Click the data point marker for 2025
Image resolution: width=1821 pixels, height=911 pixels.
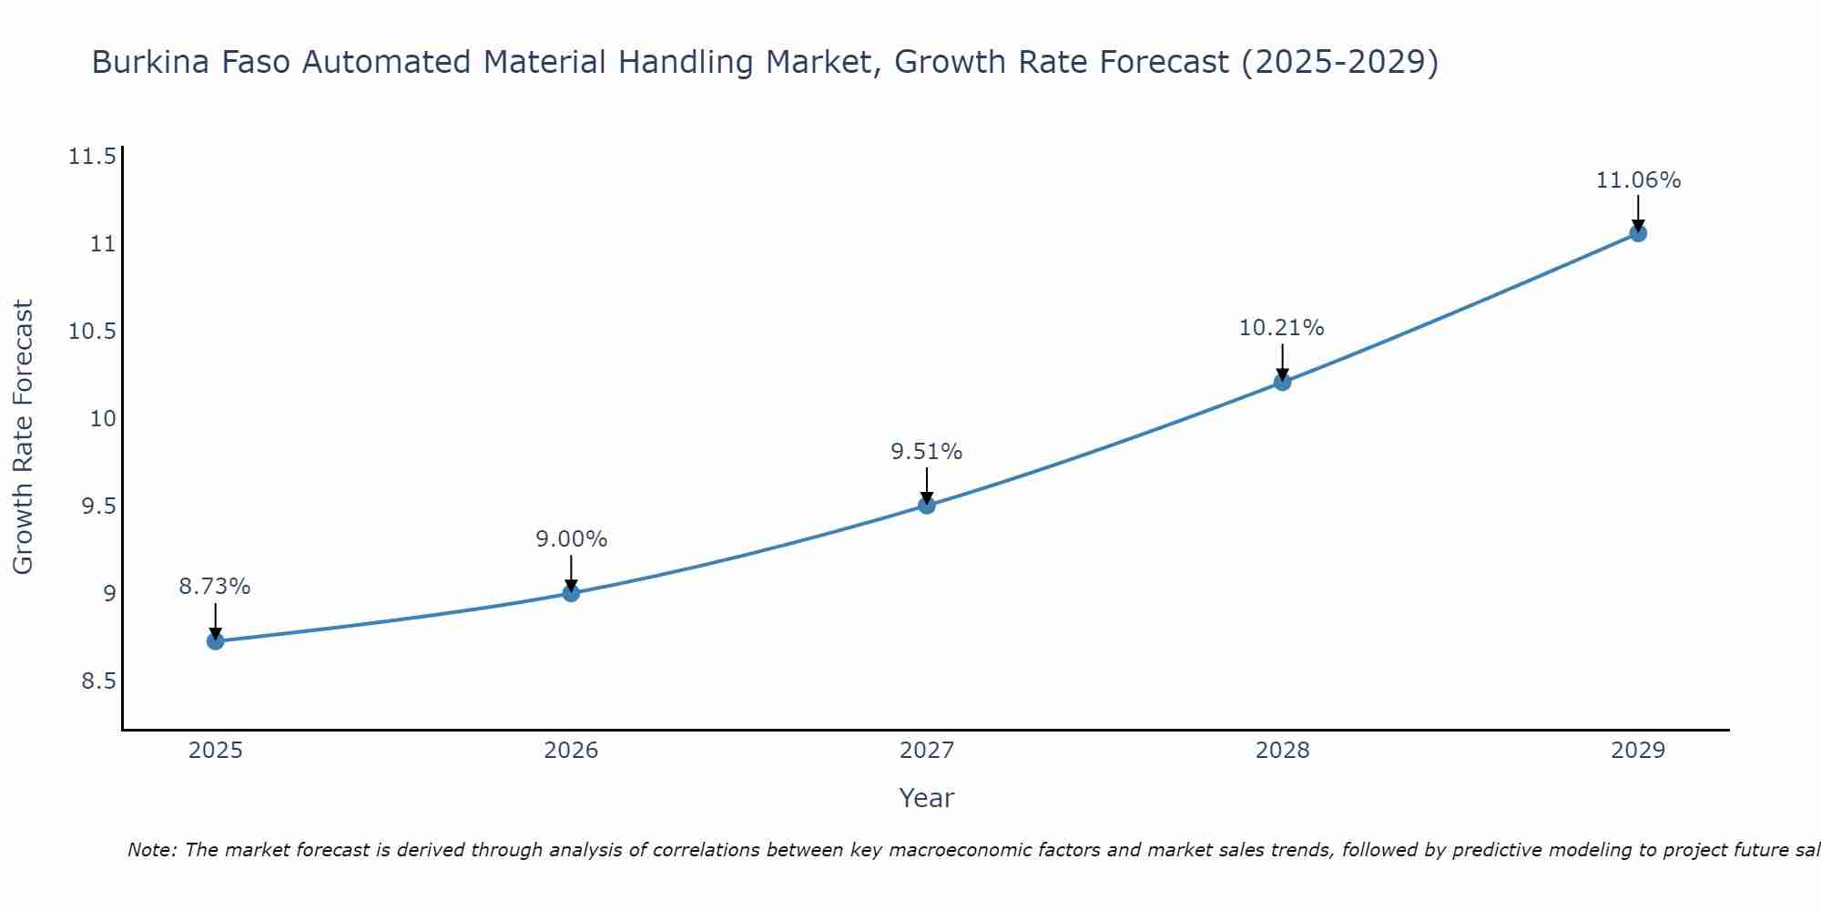tap(216, 641)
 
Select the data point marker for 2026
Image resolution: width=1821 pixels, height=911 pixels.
tap(571, 593)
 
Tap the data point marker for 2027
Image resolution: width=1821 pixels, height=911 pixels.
tap(927, 505)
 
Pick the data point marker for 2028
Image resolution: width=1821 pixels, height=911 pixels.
tap(1282, 382)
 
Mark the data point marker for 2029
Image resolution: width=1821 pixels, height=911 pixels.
tap(1638, 233)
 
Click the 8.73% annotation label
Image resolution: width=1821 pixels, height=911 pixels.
tap(215, 587)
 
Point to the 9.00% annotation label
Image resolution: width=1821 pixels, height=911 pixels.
tap(571, 539)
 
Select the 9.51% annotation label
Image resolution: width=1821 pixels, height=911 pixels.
tap(927, 452)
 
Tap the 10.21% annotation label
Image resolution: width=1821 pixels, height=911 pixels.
tap(1282, 328)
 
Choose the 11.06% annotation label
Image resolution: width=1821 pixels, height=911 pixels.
tap(1638, 180)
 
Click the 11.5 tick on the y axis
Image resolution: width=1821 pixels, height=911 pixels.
tap(92, 157)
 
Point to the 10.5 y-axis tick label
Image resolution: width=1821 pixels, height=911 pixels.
tap(92, 332)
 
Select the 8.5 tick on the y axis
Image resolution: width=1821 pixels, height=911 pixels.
tap(98, 681)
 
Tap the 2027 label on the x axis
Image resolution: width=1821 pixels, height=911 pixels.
tap(927, 751)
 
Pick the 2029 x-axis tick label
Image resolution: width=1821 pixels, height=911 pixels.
tap(1638, 751)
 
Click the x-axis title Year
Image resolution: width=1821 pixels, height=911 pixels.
tap(927, 798)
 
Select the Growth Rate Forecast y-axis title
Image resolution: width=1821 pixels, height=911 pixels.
tap(23, 437)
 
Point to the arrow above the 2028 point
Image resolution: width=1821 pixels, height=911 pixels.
tap(1282, 362)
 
